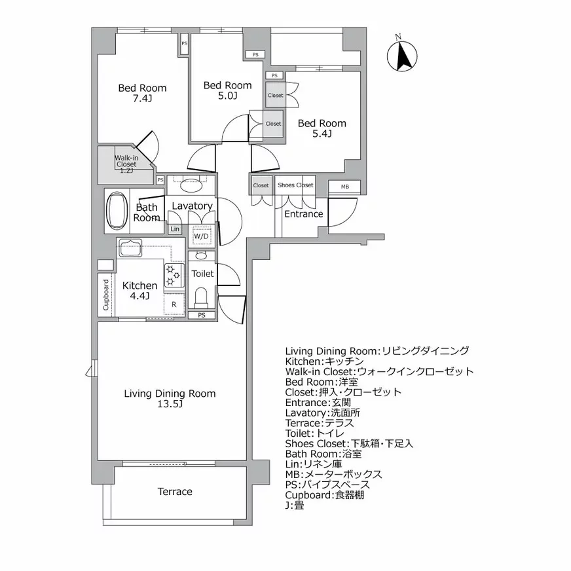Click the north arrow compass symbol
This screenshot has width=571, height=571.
point(403,54)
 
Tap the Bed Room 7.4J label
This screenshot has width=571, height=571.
point(142,94)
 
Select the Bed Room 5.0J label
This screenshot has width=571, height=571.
point(227,90)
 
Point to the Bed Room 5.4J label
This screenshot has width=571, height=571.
point(322,128)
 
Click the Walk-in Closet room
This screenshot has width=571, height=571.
point(125,164)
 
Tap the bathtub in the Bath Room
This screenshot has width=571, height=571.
point(118,212)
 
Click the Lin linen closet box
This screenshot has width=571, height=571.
point(175,229)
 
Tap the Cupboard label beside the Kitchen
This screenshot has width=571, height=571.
point(106,294)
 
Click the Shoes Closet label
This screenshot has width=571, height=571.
point(295,185)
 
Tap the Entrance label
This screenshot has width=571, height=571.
point(304,214)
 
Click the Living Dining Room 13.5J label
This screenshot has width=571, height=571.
point(170,399)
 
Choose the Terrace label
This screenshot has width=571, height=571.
point(175,492)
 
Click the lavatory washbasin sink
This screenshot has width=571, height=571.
point(191,183)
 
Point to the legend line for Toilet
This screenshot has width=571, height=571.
point(318,433)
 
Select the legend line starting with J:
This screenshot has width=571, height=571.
point(295,505)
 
